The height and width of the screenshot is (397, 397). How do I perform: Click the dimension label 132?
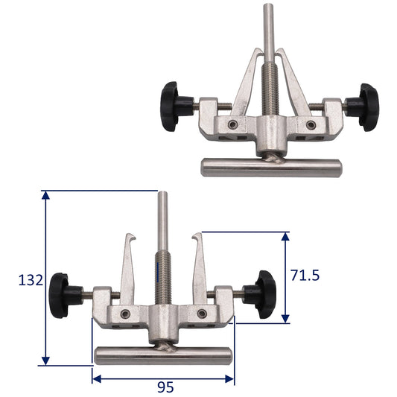tap(31, 280)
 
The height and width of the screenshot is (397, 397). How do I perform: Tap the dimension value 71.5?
tap(305, 275)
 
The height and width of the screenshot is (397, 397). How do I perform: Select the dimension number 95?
tap(165, 387)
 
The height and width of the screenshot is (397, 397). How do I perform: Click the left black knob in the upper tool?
tap(175, 107)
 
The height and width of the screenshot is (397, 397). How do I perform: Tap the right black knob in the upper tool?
tap(364, 107)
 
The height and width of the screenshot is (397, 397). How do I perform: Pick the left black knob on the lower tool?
tap(64, 296)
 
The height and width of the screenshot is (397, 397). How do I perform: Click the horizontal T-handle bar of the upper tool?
tap(271, 168)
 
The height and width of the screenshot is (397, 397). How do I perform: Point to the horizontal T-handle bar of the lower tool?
tap(163, 356)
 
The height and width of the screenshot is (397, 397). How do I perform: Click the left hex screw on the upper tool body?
tap(232, 124)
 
